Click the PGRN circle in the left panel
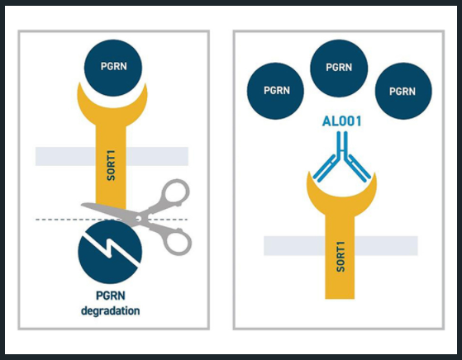coord(113,68)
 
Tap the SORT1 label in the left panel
coord(111,165)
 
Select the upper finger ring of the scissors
coord(175,194)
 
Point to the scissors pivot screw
coord(137,219)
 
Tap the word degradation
coord(111,310)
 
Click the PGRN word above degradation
coord(111,296)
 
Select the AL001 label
coord(342,121)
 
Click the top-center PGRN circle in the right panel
coord(339,69)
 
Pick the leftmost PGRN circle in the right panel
coord(275,91)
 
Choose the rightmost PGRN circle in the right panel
coord(403,91)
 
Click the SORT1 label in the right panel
coord(341,257)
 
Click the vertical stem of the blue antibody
coord(342,144)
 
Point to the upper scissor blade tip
coord(82,204)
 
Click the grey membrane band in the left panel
coord(112,156)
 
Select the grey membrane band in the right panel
coord(341,246)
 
